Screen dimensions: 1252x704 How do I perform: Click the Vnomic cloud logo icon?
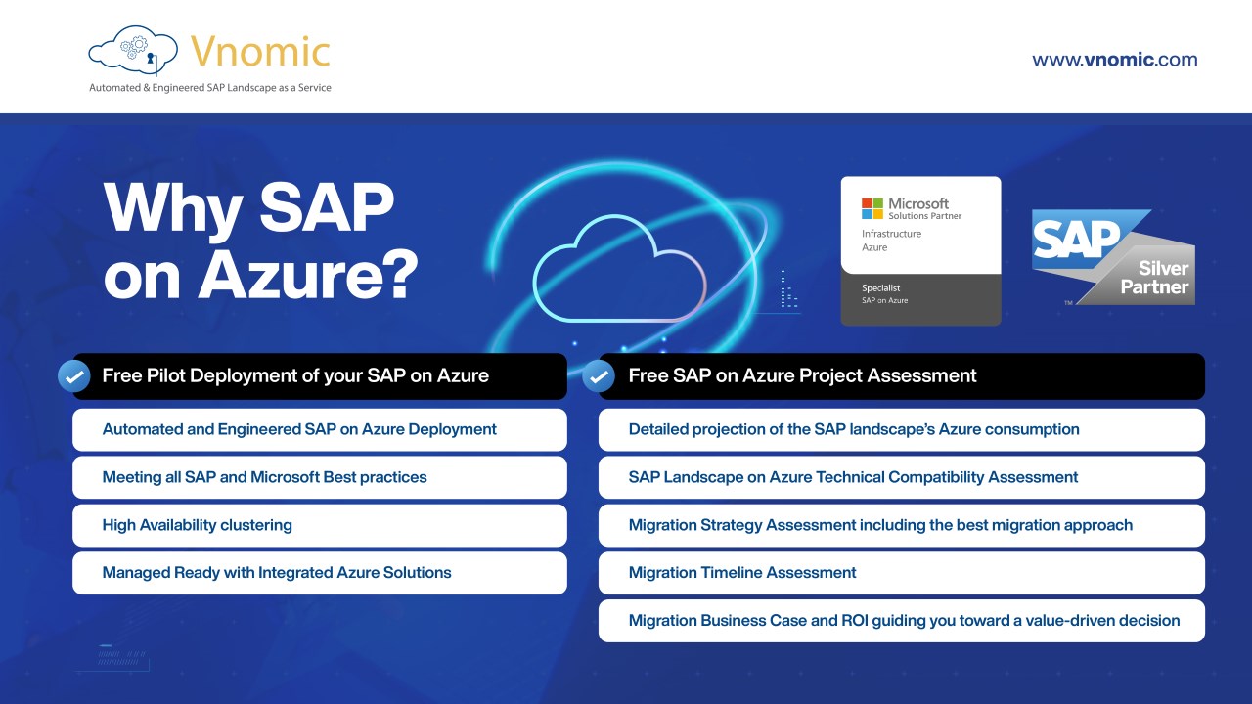tap(133, 50)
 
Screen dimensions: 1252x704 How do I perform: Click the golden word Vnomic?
tap(260, 52)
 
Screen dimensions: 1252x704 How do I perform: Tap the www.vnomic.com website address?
tap(1114, 60)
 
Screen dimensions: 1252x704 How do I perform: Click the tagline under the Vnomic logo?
tap(210, 88)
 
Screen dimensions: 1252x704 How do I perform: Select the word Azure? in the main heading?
tap(308, 275)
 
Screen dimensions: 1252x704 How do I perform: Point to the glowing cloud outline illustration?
tap(619, 268)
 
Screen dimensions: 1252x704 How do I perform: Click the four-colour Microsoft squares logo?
tap(872, 208)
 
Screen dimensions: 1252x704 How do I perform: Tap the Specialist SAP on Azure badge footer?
tap(920, 298)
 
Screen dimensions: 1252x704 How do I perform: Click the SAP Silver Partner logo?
tap(1113, 257)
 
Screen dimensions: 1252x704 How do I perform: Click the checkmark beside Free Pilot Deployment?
tap(73, 376)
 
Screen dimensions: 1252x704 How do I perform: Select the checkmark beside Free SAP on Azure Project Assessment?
tap(598, 376)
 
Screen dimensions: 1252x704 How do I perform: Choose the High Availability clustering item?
tap(320, 525)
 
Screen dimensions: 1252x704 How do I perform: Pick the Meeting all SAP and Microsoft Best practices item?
tap(320, 477)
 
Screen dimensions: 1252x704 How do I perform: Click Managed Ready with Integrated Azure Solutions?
tap(320, 573)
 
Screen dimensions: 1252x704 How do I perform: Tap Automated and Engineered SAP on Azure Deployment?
tap(320, 429)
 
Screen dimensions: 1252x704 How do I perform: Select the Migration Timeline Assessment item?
tap(902, 573)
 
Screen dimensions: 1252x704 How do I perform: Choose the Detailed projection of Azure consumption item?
tap(902, 429)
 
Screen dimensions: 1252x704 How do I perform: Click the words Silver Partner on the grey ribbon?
tap(1155, 278)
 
